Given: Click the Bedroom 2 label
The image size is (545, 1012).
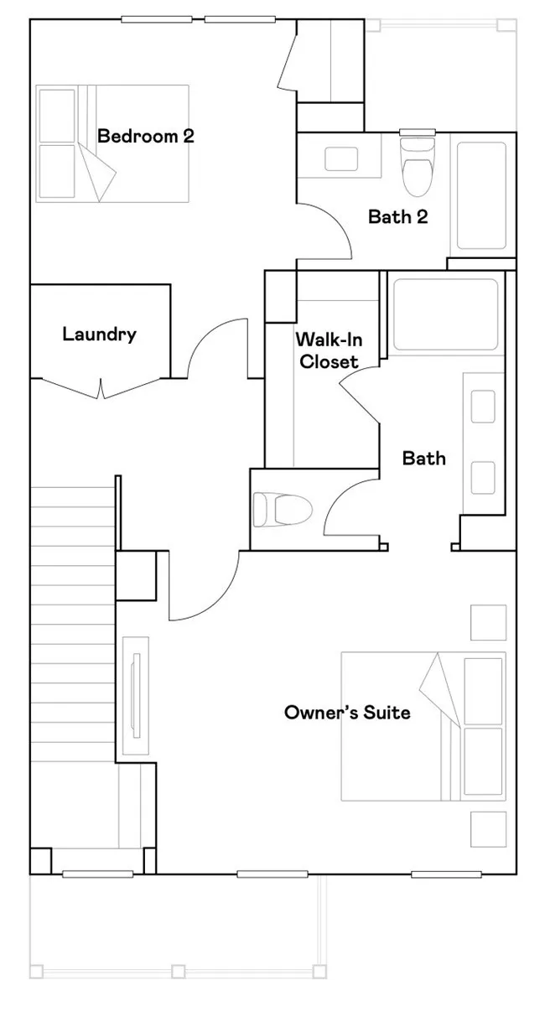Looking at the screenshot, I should click(x=146, y=136).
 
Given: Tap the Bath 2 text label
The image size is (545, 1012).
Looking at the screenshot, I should click(x=398, y=217).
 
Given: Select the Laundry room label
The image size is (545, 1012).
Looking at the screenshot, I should click(x=99, y=335).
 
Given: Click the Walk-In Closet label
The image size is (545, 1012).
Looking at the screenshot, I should click(x=327, y=351).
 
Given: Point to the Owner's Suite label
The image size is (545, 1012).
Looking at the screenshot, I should click(x=347, y=713).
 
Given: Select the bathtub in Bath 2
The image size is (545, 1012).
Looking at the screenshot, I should click(x=481, y=195).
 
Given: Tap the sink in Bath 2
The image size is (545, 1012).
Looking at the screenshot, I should click(x=340, y=159).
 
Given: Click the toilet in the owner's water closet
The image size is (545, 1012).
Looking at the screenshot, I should click(x=283, y=509).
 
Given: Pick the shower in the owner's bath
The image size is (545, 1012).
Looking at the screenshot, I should click(x=445, y=314).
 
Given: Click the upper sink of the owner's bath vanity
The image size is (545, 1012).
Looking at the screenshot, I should click(x=482, y=407).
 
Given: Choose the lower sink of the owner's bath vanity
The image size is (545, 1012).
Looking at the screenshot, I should click(x=482, y=477).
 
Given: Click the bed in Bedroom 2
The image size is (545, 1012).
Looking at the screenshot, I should click(x=112, y=143).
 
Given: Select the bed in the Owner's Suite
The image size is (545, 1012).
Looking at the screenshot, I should click(x=423, y=727).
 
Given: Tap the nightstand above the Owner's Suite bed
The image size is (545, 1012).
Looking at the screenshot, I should click(x=488, y=622).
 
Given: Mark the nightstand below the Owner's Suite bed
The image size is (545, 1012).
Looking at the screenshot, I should click(x=488, y=829).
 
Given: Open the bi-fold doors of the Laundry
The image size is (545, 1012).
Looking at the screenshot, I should click(x=101, y=387).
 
